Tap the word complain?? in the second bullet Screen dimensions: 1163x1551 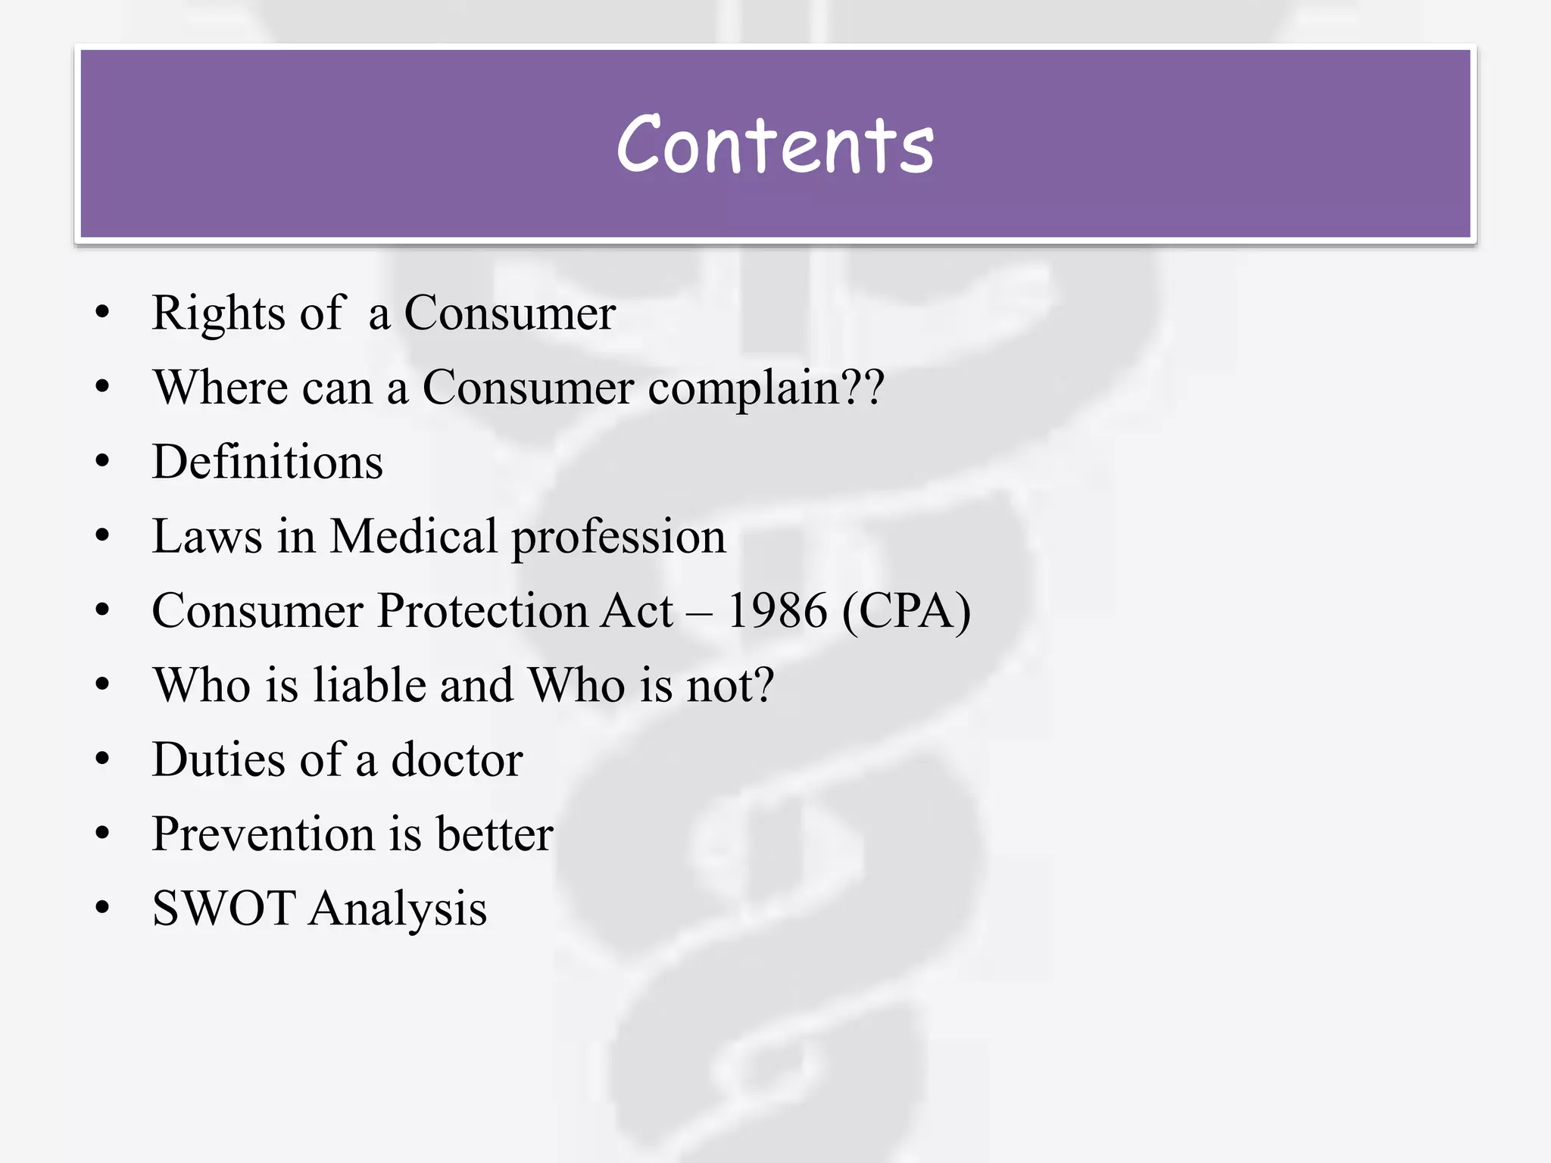766,388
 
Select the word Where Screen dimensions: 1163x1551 220,387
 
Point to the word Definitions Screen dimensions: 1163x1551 267,461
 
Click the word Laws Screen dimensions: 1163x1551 207,536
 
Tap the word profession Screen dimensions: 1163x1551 619,538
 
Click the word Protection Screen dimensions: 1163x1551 482,610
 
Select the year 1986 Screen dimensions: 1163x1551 777,610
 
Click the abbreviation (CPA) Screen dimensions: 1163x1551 906,610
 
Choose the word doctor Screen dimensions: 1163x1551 457,759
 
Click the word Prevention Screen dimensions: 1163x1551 263,834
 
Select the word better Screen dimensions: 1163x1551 495,834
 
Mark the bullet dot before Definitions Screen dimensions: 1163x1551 103,461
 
